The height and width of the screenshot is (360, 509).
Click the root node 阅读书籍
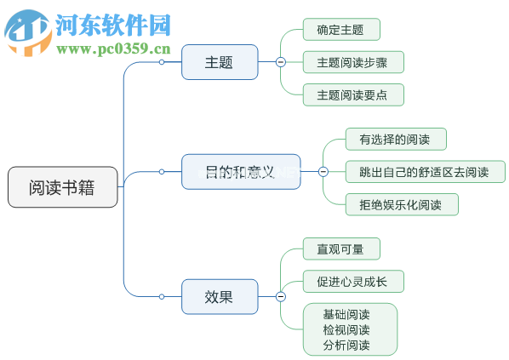(x=62, y=187)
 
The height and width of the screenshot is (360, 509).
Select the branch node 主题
(x=219, y=62)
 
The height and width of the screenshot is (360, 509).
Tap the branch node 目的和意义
(x=241, y=172)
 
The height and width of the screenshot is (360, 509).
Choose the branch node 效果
(x=219, y=296)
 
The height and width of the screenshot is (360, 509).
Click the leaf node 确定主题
(x=340, y=30)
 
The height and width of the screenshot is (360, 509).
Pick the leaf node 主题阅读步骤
(x=352, y=62)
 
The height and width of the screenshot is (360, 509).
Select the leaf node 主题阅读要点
(x=352, y=94)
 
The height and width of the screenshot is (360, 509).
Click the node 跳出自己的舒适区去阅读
(x=425, y=172)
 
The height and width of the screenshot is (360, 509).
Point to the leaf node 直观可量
(x=340, y=249)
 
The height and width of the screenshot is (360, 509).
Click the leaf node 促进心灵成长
(x=352, y=281)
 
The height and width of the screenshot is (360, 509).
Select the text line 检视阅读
(x=346, y=329)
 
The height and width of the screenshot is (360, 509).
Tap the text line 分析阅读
(x=346, y=345)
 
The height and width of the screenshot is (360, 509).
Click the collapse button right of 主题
(x=280, y=62)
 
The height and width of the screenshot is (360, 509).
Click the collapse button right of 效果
(x=280, y=296)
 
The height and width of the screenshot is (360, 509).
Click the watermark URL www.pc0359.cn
(x=114, y=48)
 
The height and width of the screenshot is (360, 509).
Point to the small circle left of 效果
(x=162, y=296)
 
